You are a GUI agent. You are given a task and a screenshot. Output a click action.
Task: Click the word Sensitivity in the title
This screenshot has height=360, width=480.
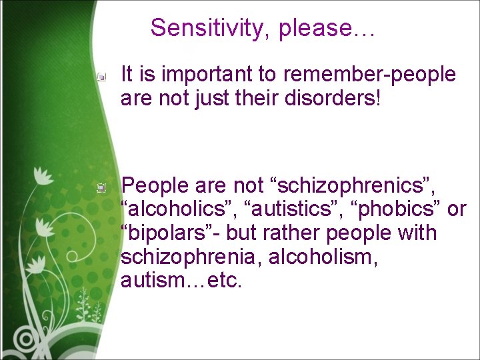pyautogui.click(x=211, y=28)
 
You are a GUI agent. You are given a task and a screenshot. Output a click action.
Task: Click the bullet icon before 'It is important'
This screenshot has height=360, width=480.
pyautogui.click(x=101, y=77)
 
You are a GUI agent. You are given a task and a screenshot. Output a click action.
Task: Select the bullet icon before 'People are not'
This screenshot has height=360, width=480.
pyautogui.click(x=101, y=188)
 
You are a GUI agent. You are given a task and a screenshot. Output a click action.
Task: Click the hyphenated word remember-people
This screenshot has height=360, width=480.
pyautogui.click(x=369, y=75)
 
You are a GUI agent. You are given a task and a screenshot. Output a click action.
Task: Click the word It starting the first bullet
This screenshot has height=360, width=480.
pyautogui.click(x=127, y=75)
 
